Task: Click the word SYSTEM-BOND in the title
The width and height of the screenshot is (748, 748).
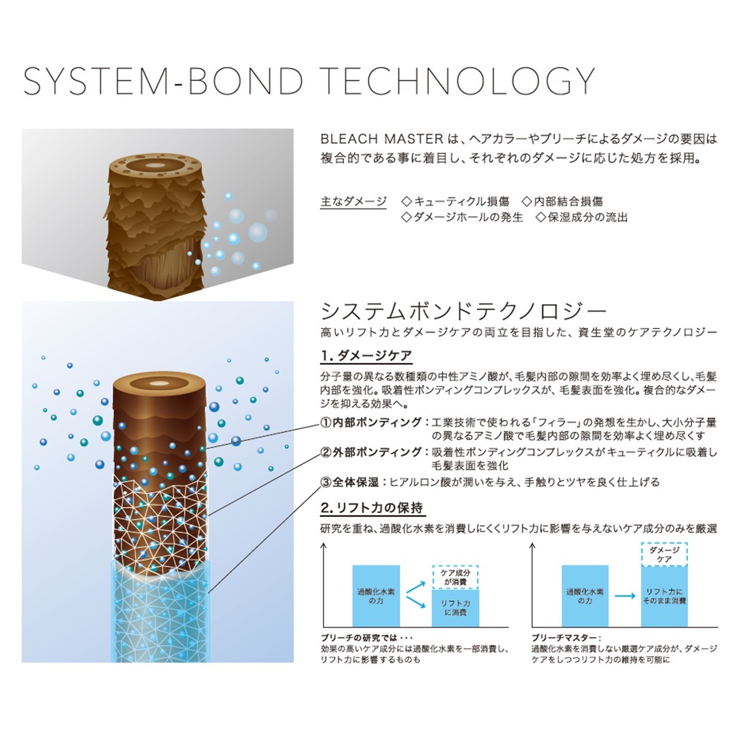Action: click(x=163, y=81)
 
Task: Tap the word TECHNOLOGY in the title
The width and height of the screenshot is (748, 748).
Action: click(x=459, y=81)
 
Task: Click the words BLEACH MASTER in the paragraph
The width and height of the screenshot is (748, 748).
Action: click(x=382, y=138)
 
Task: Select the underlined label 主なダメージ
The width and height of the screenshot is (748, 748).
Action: click(x=353, y=201)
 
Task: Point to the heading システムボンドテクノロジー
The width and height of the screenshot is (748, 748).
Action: click(x=464, y=311)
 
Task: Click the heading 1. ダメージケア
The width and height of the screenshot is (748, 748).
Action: click(x=366, y=355)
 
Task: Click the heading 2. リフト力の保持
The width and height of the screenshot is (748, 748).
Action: click(x=372, y=508)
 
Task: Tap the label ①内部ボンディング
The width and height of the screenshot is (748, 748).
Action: click(x=371, y=422)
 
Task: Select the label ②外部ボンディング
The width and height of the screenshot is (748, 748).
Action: click(x=371, y=452)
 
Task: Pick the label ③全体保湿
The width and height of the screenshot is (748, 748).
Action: click(x=350, y=482)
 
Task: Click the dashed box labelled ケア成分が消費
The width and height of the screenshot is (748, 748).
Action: click(x=455, y=577)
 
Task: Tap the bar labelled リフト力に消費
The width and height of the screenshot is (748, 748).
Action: click(x=455, y=608)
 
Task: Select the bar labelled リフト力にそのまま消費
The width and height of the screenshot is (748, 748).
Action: click(x=664, y=597)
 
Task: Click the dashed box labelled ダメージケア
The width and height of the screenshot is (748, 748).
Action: click(x=664, y=555)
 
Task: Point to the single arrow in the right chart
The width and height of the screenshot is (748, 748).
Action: click(x=625, y=596)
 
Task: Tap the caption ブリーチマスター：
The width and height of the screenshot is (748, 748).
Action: click(x=567, y=638)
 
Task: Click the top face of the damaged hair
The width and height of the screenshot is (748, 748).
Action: click(x=156, y=165)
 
